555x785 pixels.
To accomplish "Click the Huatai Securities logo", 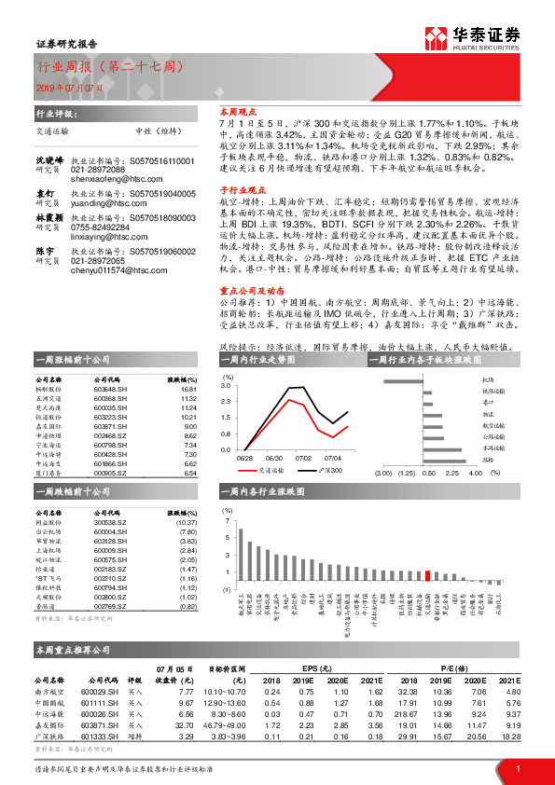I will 484,38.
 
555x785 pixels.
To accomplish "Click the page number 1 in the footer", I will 518,767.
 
